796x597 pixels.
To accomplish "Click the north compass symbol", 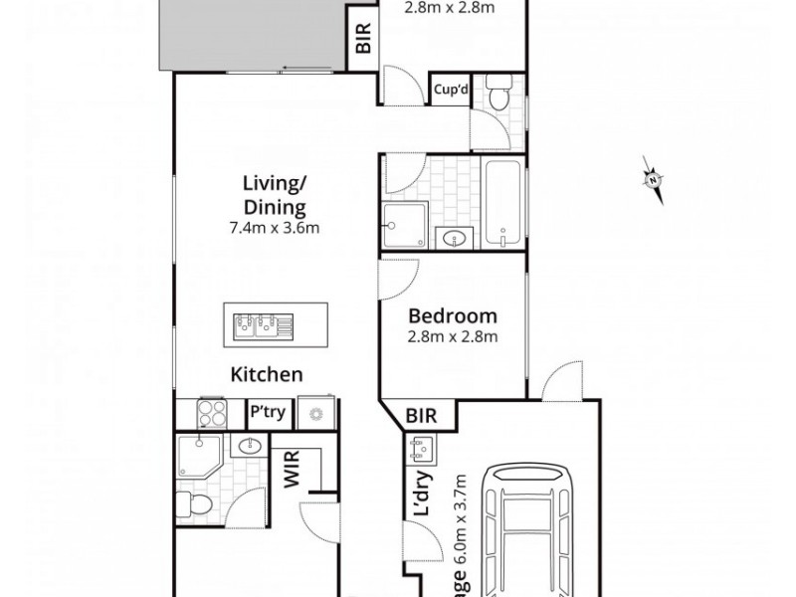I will (653, 180).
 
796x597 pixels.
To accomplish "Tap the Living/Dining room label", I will (274, 195).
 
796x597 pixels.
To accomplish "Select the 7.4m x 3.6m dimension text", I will (274, 228).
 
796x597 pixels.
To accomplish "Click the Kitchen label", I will (267, 375).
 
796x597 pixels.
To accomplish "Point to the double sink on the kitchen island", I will (259, 325).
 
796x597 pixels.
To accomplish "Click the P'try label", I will (265, 412).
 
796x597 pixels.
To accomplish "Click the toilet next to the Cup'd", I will (497, 95).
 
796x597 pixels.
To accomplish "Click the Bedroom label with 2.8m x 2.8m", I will (453, 317).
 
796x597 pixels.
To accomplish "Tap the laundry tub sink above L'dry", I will (418, 451).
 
